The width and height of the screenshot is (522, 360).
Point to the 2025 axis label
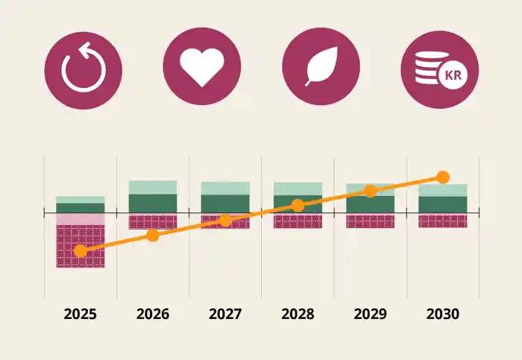pos(81,314)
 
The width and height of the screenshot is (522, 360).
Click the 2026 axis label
pos(153,314)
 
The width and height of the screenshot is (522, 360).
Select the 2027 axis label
pos(225,314)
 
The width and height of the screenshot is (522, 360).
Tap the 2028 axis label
pos(298,314)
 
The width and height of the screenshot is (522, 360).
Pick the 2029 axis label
pos(370,314)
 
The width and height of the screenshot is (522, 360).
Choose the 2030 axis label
pos(442,314)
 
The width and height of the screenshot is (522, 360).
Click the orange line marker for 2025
pos(81,251)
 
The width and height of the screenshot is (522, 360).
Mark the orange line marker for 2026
pos(153,236)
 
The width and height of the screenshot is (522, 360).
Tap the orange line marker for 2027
pos(225,220)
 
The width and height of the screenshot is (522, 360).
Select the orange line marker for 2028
pos(298,205)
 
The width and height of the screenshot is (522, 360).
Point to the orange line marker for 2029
pos(370,191)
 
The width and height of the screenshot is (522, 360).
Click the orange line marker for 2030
pos(442,177)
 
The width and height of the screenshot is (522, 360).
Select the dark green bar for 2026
pos(153,203)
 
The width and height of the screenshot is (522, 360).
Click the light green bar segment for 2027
pos(225,188)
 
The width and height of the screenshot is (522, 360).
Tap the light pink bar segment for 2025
pos(81,219)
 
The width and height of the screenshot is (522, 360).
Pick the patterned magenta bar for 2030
pos(442,221)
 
